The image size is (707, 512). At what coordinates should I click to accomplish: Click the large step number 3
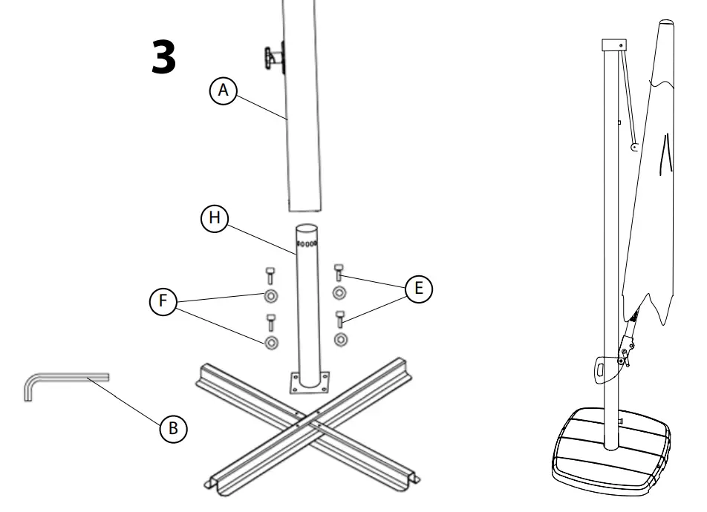click(163, 58)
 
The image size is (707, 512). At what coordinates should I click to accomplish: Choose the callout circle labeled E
click(418, 289)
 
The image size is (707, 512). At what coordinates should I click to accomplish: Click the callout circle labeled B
click(173, 427)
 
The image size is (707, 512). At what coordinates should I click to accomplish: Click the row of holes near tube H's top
click(307, 243)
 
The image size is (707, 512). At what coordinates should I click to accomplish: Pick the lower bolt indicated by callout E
click(340, 319)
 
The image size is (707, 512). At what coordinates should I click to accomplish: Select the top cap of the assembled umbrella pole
click(613, 44)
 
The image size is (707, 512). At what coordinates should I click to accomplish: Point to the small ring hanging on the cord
click(634, 148)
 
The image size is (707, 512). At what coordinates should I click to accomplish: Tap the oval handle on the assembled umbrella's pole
click(600, 367)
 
